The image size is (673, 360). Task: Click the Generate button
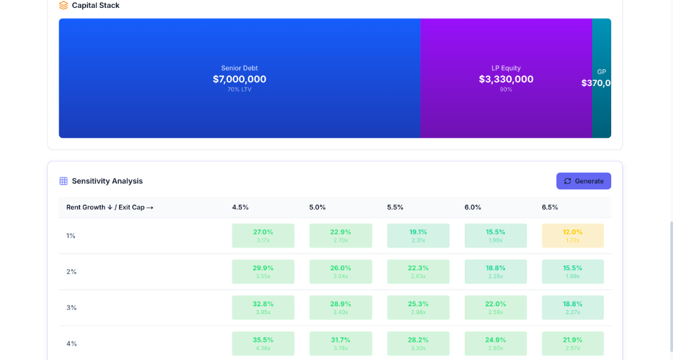click(584, 181)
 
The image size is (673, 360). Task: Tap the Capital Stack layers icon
click(64, 5)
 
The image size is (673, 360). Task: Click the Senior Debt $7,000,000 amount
click(239, 79)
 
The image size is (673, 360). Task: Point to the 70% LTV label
click(239, 89)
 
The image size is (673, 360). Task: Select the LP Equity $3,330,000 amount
click(506, 79)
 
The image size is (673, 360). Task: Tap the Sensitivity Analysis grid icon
click(64, 181)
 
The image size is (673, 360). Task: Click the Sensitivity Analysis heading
click(107, 181)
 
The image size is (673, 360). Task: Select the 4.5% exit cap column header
click(240, 207)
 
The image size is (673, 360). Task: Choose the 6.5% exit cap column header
click(550, 207)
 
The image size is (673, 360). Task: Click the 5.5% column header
click(395, 207)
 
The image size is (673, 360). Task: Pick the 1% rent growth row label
click(71, 236)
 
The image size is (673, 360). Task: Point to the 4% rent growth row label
click(72, 344)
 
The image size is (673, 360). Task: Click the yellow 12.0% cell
click(572, 235)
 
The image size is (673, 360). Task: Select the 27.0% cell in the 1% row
click(263, 235)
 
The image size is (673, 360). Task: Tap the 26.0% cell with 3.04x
click(340, 271)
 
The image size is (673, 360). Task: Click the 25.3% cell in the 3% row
click(418, 307)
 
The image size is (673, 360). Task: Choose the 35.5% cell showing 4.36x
click(263, 343)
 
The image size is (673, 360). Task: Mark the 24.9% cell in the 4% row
click(496, 343)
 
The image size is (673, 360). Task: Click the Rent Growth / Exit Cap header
click(110, 207)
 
